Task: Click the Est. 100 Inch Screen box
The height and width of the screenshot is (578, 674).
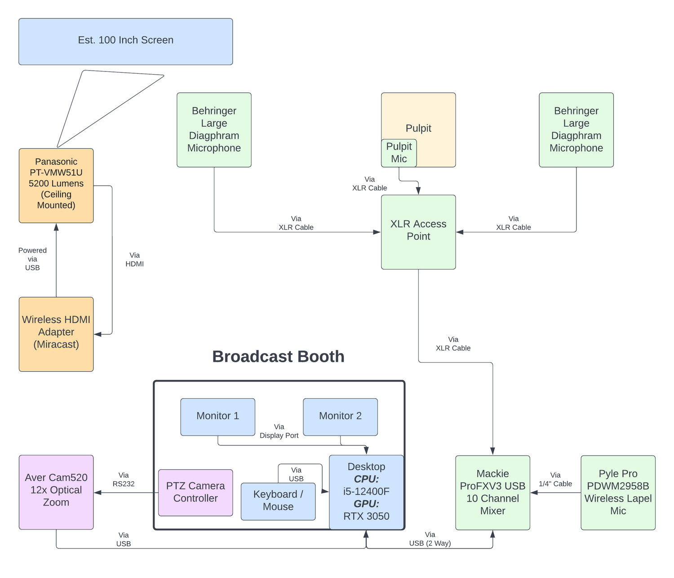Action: [125, 41]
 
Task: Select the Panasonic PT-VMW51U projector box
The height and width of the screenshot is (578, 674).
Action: [56, 185]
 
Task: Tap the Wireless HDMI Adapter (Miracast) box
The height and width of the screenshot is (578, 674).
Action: [56, 334]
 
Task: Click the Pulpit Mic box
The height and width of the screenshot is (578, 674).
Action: [399, 153]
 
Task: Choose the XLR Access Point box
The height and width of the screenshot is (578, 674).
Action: [418, 231]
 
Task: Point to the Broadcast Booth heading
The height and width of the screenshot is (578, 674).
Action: [278, 356]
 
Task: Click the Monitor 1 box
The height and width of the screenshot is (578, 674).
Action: [217, 416]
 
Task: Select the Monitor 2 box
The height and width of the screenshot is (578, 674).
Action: [340, 416]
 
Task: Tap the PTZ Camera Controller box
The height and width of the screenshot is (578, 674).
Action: [195, 492]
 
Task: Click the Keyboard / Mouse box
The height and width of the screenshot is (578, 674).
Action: [278, 501]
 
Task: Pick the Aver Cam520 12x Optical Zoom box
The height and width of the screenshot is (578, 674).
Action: [56, 492]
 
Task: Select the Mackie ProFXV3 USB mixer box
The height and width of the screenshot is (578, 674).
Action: [492, 492]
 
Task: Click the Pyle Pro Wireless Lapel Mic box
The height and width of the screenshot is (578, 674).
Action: [618, 492]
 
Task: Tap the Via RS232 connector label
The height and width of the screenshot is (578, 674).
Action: [124, 480]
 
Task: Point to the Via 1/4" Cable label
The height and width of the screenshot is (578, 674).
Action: [555, 480]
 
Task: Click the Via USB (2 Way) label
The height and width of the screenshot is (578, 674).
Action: [430, 539]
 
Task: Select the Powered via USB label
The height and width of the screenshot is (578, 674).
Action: [32, 259]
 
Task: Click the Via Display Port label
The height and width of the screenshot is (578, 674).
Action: [279, 431]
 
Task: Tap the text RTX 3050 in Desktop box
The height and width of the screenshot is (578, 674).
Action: [366, 516]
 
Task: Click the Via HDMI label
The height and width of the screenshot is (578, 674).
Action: [134, 260]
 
